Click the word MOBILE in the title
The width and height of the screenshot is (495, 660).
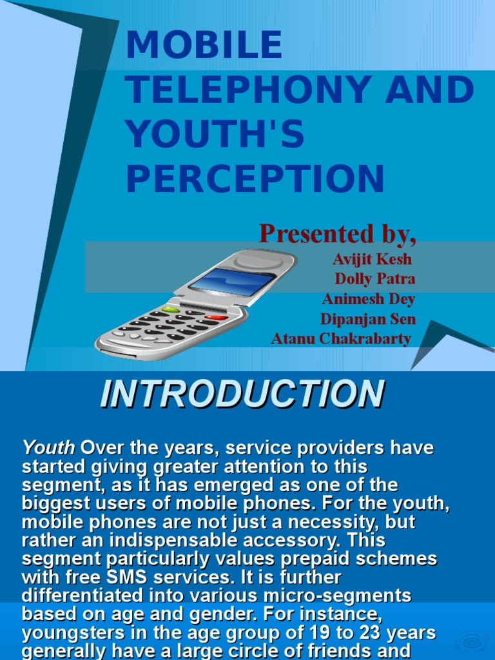click(204, 46)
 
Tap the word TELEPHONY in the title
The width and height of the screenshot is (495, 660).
click(248, 90)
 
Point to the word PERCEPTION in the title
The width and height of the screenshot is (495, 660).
click(255, 179)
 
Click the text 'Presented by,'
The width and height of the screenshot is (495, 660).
click(337, 234)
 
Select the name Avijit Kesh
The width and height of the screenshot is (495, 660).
click(372, 259)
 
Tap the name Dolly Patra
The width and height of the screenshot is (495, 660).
click(374, 279)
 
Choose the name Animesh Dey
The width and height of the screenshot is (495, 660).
click(368, 299)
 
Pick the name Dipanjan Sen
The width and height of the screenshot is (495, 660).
click(367, 319)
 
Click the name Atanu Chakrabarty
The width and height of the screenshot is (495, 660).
click(340, 339)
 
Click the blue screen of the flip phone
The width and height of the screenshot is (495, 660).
click(233, 282)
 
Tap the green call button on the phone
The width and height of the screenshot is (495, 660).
click(171, 310)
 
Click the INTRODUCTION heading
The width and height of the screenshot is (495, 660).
click(242, 394)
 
